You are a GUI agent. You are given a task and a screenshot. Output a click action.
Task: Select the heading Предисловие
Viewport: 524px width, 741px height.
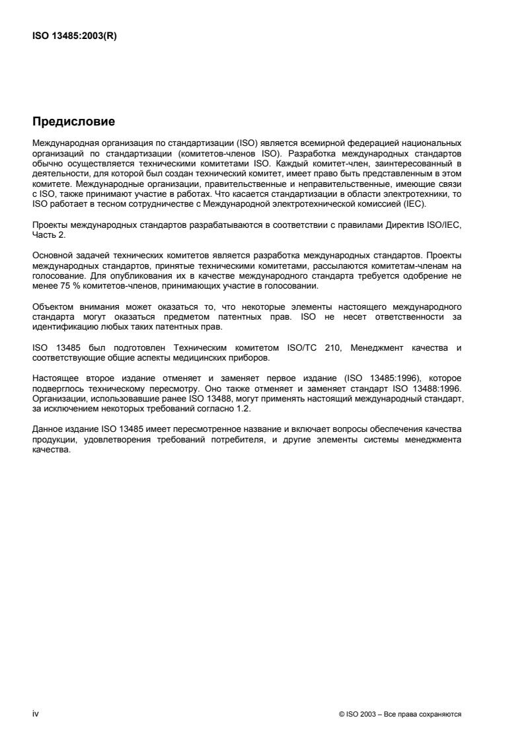(74, 122)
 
